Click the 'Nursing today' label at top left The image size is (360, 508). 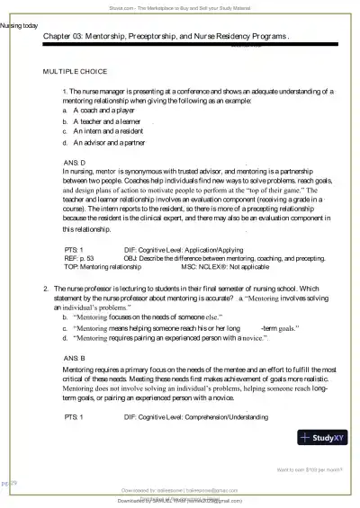point(19,26)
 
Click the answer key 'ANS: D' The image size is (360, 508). point(74,162)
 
